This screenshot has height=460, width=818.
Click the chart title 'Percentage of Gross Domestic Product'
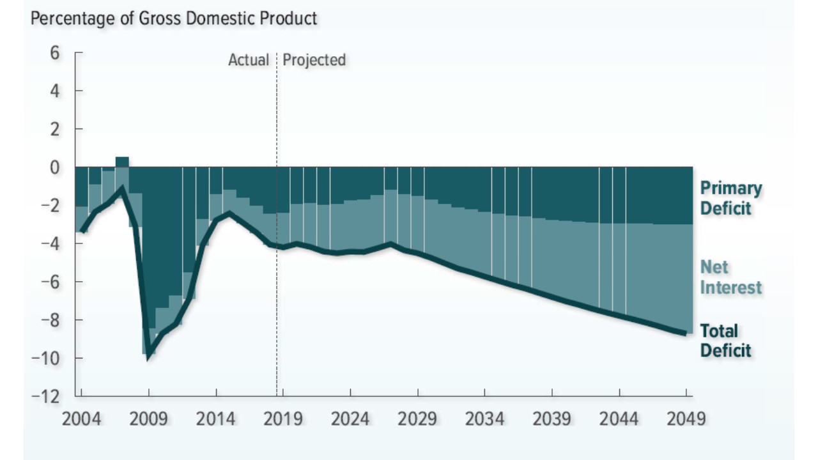pyautogui.click(x=174, y=19)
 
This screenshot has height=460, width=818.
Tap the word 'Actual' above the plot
pyautogui.click(x=249, y=60)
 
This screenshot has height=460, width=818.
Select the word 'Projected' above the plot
pyautogui.click(x=314, y=60)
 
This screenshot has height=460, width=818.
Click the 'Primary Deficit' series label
pyautogui.click(x=730, y=198)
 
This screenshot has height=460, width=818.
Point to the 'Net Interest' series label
pyautogui.click(x=730, y=277)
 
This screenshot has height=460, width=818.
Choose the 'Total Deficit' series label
pyautogui.click(x=725, y=341)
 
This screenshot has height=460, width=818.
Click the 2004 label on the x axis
pyautogui.click(x=81, y=419)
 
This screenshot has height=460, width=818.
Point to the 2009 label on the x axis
pyautogui.click(x=148, y=419)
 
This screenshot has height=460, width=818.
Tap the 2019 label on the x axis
pyautogui.click(x=283, y=419)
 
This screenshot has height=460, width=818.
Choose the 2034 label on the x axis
pyautogui.click(x=484, y=419)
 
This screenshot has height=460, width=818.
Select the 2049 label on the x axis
pyautogui.click(x=686, y=419)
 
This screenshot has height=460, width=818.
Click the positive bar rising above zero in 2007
pyautogui.click(x=122, y=161)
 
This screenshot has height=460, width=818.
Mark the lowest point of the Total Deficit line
pyautogui.click(x=148, y=356)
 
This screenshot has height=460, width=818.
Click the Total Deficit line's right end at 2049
pyautogui.click(x=685, y=333)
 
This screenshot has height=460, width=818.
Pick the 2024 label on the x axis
pyautogui.click(x=350, y=419)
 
